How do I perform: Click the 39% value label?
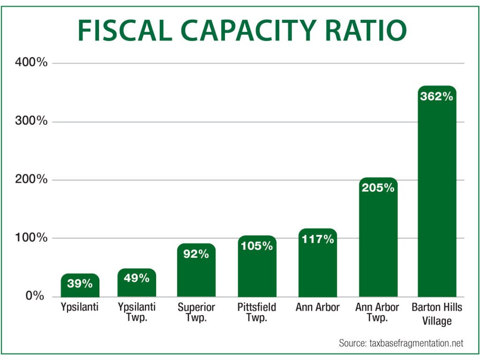coord(80,284)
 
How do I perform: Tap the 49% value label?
coord(136,278)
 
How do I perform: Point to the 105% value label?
coord(256,246)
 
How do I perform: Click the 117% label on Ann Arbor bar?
coord(317,239)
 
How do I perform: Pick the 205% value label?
coord(378,188)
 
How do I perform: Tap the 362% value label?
coord(436,97)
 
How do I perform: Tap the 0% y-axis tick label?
coord(35,296)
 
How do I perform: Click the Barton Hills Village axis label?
coord(436,314)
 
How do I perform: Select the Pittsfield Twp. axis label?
coord(256,313)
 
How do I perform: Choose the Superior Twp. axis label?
coord(196,313)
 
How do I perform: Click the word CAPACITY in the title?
coord(240,31)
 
